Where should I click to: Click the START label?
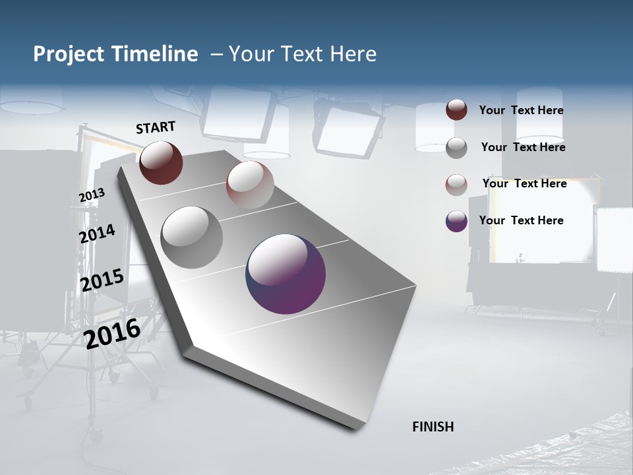coord(156,127)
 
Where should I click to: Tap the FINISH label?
coord(433,427)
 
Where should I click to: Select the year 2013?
coord(92,195)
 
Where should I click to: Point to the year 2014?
coord(97,234)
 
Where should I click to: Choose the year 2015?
coord(102,280)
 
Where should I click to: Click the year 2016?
coord(112,332)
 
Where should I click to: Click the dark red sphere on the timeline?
coord(161,162)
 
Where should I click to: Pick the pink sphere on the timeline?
coord(250,184)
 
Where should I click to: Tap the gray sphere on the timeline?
coord(192,237)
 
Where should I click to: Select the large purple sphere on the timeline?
coord(286,273)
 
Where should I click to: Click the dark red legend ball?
coord(456,110)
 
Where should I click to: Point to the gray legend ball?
coord(456,147)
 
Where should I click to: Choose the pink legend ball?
coord(456,184)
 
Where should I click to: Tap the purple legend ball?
coord(456,221)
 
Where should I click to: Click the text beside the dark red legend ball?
coord(521,110)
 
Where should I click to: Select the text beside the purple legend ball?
coord(521,220)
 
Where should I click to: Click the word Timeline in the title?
coord(158,54)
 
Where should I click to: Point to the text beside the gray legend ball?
coord(523,147)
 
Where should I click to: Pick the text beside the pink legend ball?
coord(524,183)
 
